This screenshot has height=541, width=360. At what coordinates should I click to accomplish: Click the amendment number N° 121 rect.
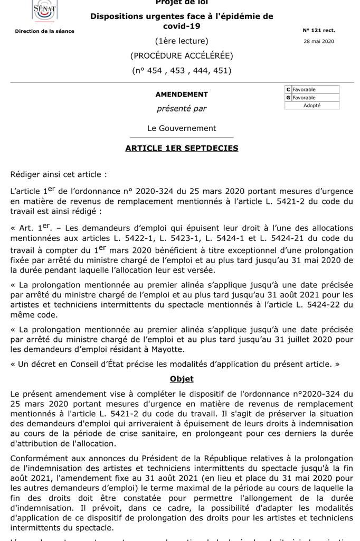click(319, 31)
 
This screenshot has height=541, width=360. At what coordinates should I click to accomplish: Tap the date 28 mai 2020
click(319, 41)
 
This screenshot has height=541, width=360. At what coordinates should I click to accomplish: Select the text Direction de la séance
click(44, 31)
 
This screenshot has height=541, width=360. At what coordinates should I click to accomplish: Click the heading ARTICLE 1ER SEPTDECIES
click(182, 148)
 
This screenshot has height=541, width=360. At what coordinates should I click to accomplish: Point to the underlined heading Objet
click(182, 379)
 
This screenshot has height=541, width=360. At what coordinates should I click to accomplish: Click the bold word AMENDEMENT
click(182, 95)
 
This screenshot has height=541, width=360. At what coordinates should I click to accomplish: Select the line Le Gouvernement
click(182, 128)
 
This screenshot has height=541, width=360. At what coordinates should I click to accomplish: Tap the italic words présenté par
click(182, 109)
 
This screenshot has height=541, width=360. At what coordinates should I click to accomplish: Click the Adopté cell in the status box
click(312, 105)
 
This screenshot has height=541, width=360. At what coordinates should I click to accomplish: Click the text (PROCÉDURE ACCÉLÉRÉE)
click(182, 55)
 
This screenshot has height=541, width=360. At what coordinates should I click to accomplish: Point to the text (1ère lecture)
click(182, 41)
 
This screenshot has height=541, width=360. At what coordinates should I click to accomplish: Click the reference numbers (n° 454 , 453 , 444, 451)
click(182, 70)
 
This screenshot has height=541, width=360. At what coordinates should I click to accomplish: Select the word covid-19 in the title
click(182, 26)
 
